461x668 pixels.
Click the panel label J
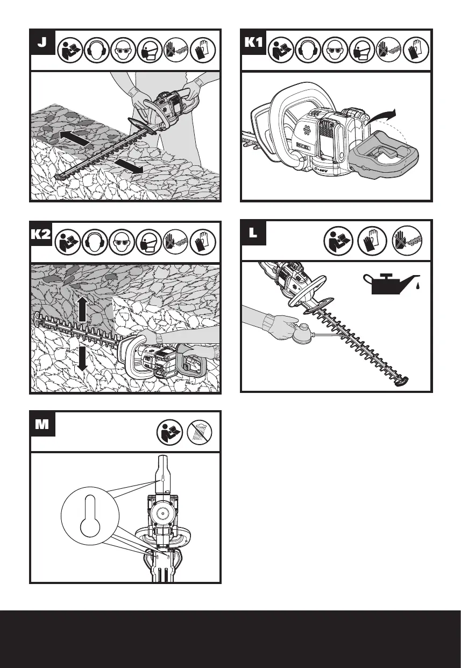click(x=41, y=44)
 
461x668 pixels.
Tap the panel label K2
click(x=41, y=235)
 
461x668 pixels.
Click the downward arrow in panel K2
click(x=82, y=358)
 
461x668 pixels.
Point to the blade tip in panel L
click(x=401, y=383)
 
